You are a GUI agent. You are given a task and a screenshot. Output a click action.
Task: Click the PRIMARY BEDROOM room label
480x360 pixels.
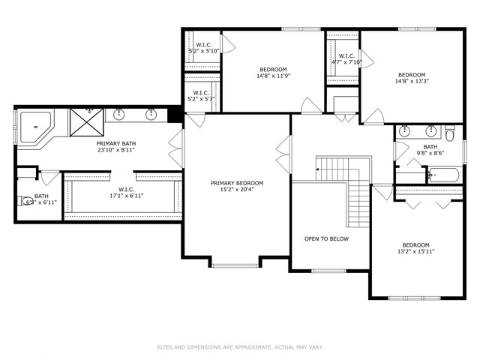[237, 183]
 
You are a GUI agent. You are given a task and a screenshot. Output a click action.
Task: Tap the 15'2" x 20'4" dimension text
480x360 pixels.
[237, 190]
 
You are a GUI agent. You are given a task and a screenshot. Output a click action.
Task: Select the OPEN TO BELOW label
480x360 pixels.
[326, 238]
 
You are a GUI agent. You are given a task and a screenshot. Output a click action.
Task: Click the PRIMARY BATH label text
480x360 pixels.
[115, 142]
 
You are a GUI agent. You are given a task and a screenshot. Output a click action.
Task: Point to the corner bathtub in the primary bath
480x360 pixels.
[34, 127]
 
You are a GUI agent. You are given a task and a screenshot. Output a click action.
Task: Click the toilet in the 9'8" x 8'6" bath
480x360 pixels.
[449, 134]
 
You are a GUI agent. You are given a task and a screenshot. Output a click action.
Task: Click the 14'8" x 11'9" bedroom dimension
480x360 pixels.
[273, 75]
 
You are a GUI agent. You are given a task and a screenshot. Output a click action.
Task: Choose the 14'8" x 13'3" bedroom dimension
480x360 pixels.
[412, 82]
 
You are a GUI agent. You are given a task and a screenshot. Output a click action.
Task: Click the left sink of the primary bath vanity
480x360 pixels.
[119, 115]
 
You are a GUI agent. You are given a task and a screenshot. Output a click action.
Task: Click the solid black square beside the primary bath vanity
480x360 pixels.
[175, 115]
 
